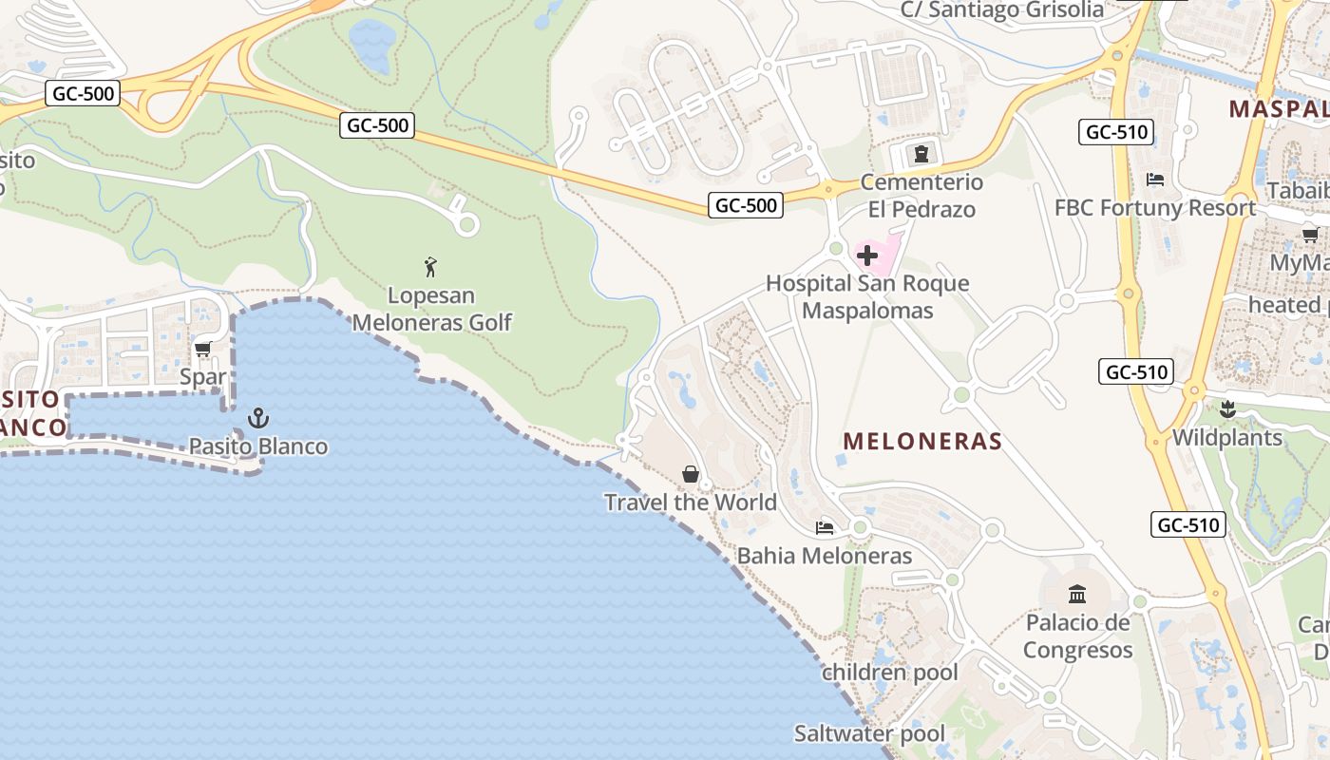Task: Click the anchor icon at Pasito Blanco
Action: [x=257, y=418]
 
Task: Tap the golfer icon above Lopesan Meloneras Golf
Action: [x=431, y=267]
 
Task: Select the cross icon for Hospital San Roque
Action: [x=867, y=255]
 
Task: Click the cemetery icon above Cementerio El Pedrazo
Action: [x=920, y=153]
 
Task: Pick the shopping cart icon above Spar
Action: [x=202, y=349]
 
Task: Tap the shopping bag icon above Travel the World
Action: [x=691, y=474]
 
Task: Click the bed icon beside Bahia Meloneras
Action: [x=825, y=527]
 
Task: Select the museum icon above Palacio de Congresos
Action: [x=1077, y=595]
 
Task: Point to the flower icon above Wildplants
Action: [x=1227, y=410]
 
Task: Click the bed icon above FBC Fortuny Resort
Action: [x=1155, y=179]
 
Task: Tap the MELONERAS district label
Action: [x=922, y=441]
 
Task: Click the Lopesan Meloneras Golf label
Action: [x=432, y=310]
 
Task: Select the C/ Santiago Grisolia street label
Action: [x=1001, y=10]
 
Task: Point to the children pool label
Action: [x=890, y=673]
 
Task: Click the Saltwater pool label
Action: [x=869, y=733]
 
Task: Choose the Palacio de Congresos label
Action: [x=1077, y=636]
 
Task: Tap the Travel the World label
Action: [x=691, y=503]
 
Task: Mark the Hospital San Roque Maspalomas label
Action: [x=867, y=296]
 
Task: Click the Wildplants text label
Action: [x=1227, y=438]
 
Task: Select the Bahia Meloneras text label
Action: [x=825, y=556]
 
